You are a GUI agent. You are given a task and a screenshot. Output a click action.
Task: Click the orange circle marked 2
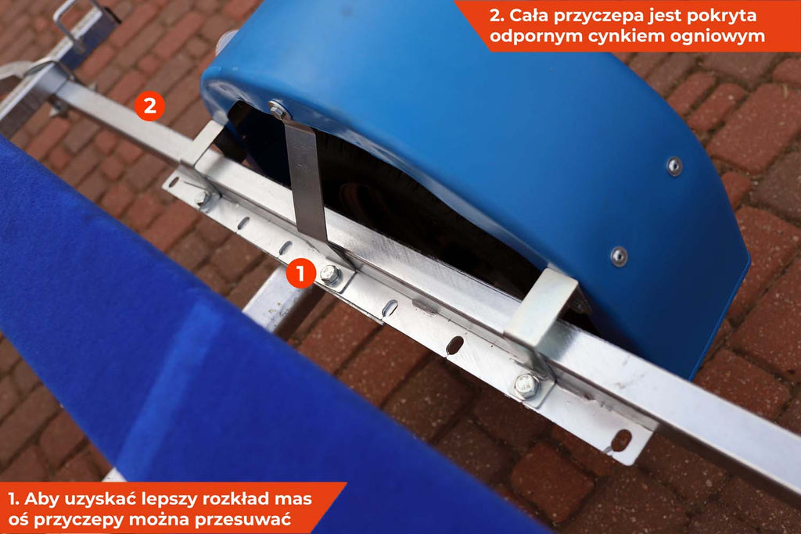pyautogui.click(x=149, y=106)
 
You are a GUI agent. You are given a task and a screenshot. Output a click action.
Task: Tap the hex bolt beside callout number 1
pyautogui.click(x=330, y=274)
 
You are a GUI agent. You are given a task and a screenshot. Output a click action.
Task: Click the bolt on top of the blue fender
pyautogui.click(x=278, y=108)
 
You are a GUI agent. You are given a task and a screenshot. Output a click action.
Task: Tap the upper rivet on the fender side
pyautogui.click(x=674, y=166)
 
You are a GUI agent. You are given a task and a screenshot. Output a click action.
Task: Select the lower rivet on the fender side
pyautogui.click(x=620, y=256)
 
